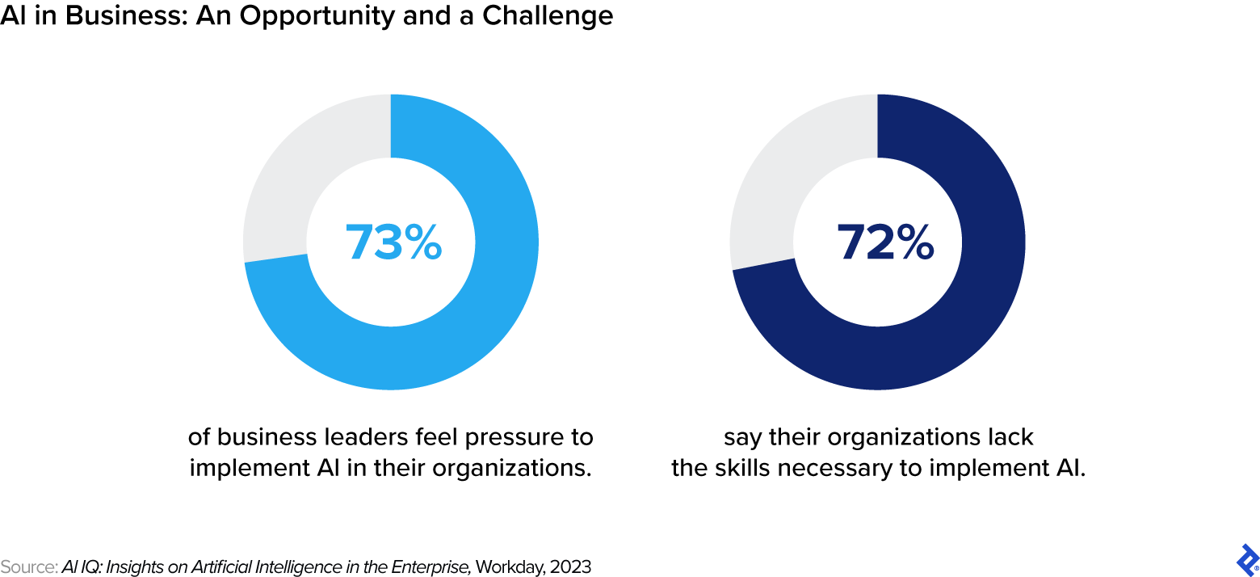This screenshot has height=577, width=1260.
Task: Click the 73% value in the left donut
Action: click(393, 242)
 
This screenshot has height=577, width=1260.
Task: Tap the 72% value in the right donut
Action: click(884, 242)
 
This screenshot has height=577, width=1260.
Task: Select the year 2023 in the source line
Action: click(570, 567)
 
